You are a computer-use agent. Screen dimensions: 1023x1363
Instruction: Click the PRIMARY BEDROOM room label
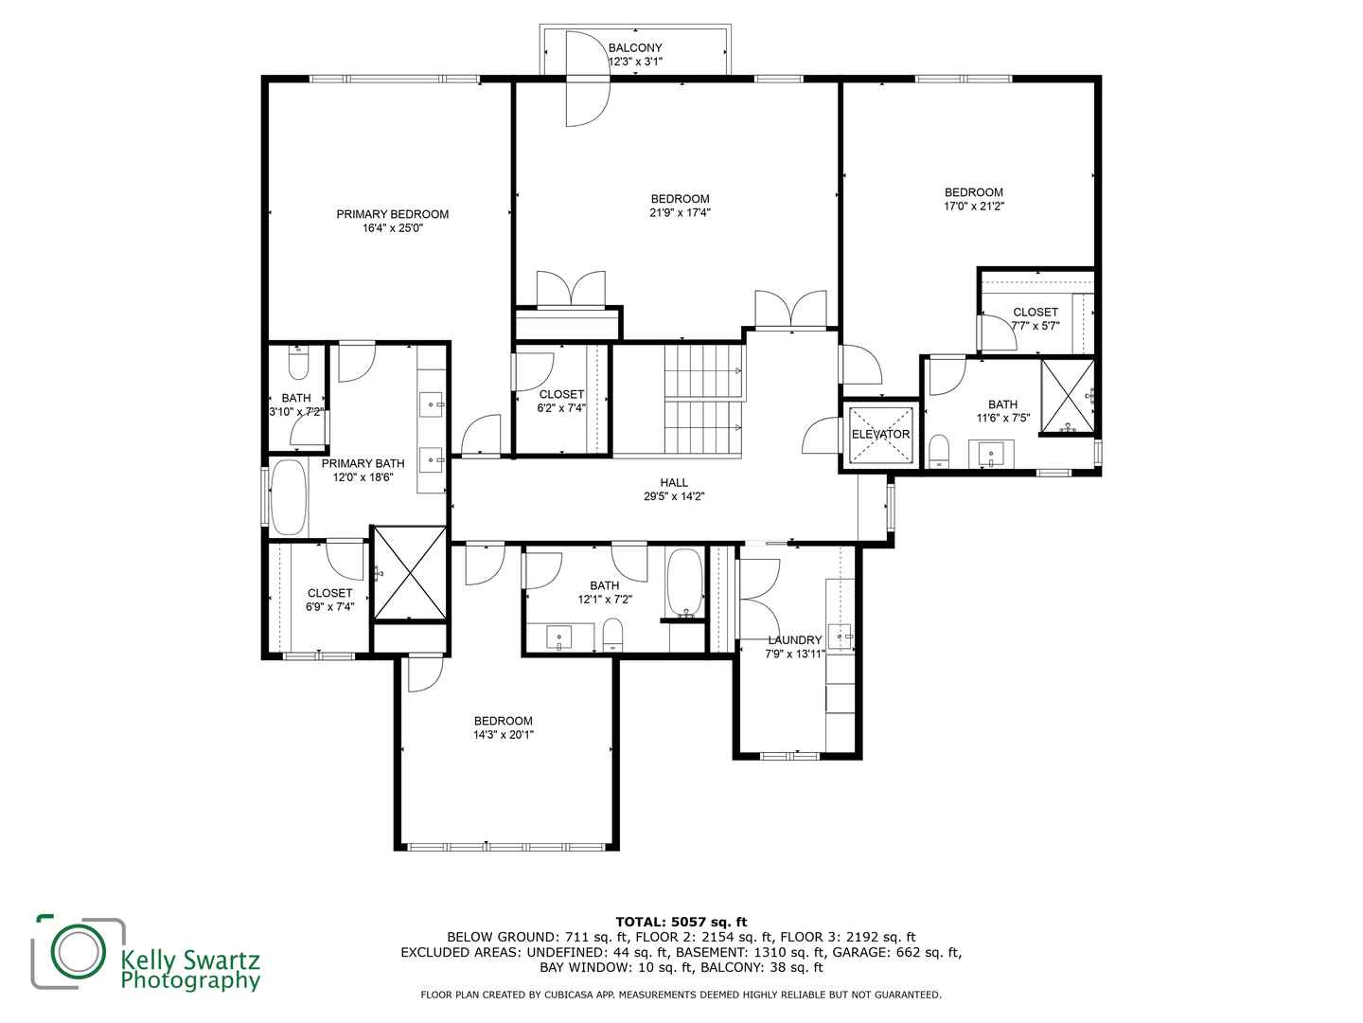coord(392,214)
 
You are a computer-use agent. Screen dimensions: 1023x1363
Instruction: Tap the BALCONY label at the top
coord(635,47)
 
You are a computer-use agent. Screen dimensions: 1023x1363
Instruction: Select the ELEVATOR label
coord(880,435)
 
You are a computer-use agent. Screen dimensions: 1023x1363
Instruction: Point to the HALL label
coord(674,482)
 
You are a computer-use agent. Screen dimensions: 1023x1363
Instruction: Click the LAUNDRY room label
coord(794,640)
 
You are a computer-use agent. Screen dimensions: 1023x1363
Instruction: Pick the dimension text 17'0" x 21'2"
coord(973,206)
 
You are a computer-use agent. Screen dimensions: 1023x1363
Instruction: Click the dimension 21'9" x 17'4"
coord(680,212)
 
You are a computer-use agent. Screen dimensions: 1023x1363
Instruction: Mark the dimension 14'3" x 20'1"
coord(504,734)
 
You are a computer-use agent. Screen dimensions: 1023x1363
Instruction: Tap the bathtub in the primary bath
coord(289,497)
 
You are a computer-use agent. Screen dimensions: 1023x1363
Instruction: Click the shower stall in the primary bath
coord(410,573)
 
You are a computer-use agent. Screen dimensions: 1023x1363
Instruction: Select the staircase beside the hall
coord(702,400)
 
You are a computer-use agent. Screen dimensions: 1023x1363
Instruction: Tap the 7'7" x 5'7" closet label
coord(1036,312)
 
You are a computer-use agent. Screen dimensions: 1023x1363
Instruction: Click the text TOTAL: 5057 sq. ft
coord(681,922)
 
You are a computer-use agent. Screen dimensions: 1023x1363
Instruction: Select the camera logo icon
coord(79,951)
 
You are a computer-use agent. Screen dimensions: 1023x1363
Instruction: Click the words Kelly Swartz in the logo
coord(189,960)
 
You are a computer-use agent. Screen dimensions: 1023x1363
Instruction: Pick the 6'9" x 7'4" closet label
coord(329,593)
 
